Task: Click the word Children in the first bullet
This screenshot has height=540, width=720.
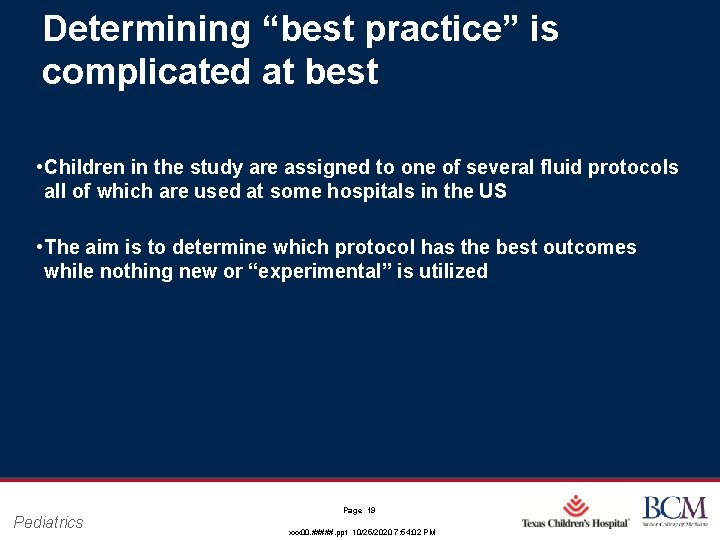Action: pos(85,167)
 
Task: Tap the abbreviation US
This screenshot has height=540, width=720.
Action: pos(493,191)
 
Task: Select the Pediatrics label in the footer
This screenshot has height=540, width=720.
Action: pos(49,522)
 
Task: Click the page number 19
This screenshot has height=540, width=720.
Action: pos(370,510)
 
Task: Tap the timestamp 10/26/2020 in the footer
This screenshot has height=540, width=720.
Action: pos(383,533)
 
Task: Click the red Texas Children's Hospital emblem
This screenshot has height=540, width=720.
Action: pos(575,506)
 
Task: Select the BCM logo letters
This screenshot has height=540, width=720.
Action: pos(674,507)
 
